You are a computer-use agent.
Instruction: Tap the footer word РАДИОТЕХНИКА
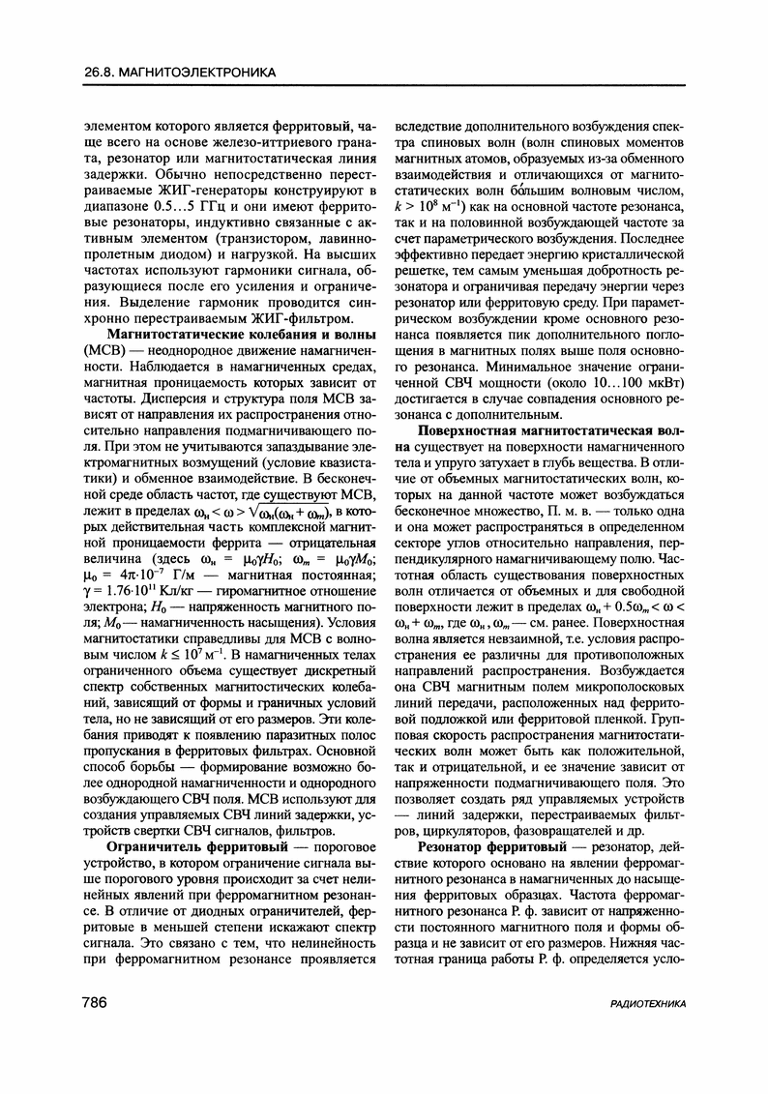[649, 1032]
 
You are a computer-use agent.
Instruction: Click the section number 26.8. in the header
[101, 72]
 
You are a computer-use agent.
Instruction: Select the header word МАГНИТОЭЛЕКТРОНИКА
[204, 72]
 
